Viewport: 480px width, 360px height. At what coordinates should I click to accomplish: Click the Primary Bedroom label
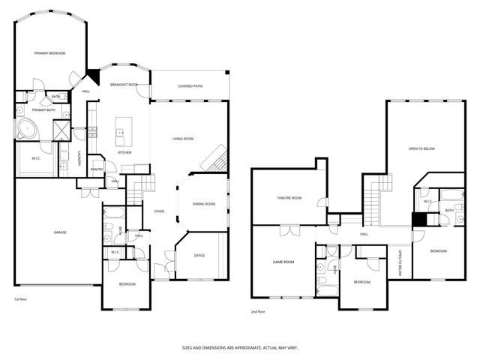tap(50, 53)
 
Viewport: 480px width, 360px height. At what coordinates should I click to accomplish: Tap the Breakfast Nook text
tap(124, 85)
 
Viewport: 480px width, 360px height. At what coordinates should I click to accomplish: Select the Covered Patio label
tap(190, 85)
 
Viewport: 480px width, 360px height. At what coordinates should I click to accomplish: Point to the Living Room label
tap(183, 139)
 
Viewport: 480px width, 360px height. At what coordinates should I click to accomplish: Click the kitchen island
tap(122, 133)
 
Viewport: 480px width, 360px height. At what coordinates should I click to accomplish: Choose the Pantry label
tap(96, 169)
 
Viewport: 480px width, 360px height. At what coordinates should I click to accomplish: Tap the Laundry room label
tap(79, 159)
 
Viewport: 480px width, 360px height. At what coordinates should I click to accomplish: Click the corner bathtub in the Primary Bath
tap(28, 127)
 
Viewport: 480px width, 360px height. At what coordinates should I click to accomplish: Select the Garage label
tap(59, 232)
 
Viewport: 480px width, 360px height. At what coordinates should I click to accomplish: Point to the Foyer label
tap(159, 211)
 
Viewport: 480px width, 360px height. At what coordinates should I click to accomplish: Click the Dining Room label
tap(203, 204)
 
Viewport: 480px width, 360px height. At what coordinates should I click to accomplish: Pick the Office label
tap(199, 256)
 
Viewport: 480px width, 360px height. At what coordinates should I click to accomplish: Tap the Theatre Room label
tap(289, 198)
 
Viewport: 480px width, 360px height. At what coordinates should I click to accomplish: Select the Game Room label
tap(283, 262)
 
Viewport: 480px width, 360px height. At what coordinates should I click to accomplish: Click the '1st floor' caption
tap(21, 299)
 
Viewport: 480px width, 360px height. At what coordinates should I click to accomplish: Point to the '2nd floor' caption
tap(259, 312)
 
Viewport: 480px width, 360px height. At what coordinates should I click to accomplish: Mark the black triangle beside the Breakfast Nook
tap(94, 76)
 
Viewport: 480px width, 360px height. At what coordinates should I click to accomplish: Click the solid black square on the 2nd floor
tap(419, 219)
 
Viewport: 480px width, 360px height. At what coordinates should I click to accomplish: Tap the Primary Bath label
tap(43, 110)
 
